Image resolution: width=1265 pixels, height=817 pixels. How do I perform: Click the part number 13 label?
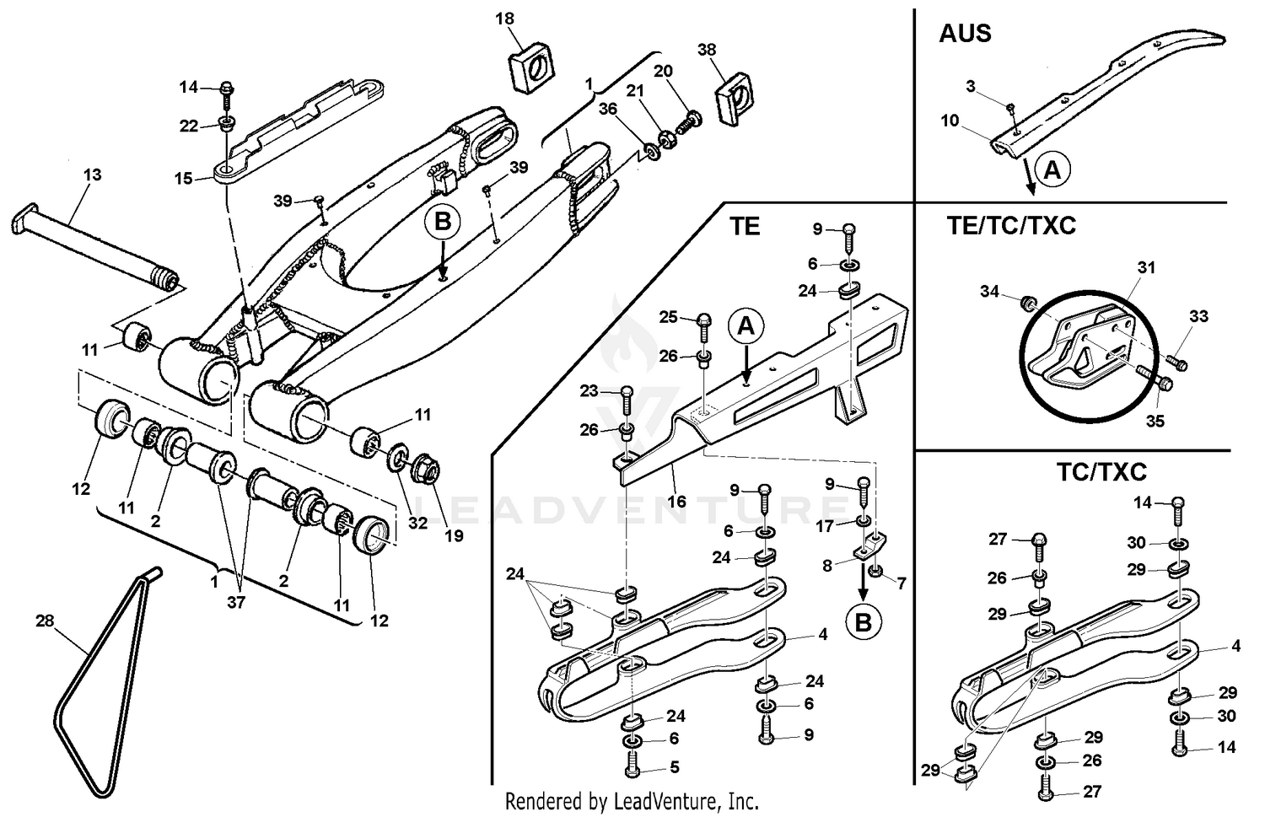(x=92, y=175)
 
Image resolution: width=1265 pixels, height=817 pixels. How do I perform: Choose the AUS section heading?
(x=965, y=34)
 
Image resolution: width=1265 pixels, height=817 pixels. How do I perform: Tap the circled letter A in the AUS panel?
(x=1052, y=170)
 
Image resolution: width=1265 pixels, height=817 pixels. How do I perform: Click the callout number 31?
(x=1146, y=267)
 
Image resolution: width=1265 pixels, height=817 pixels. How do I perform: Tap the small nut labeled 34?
(x=1029, y=302)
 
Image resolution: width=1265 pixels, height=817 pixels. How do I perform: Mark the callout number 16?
(x=676, y=501)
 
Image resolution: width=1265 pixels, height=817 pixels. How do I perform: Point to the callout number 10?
(x=950, y=121)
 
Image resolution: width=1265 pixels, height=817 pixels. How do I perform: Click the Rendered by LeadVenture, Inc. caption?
(x=632, y=800)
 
